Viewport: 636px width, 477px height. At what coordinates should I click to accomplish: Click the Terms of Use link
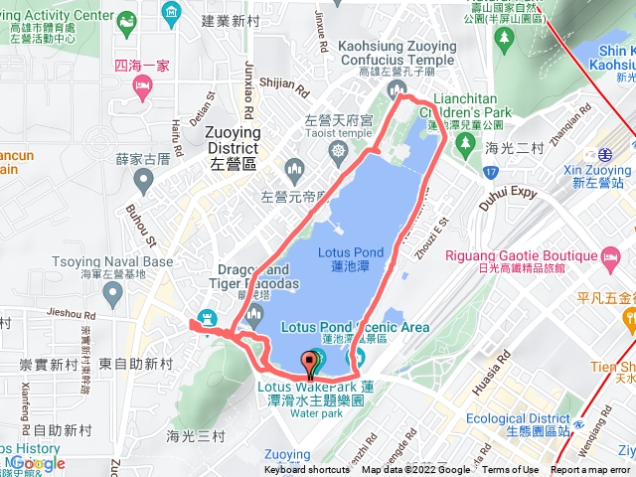[511, 470]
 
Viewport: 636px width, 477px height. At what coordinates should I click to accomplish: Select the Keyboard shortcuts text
[307, 470]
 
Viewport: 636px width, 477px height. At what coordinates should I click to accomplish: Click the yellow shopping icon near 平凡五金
[628, 319]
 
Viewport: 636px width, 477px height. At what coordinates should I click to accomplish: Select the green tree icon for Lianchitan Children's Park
[464, 145]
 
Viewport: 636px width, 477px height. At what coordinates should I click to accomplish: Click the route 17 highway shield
[492, 170]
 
